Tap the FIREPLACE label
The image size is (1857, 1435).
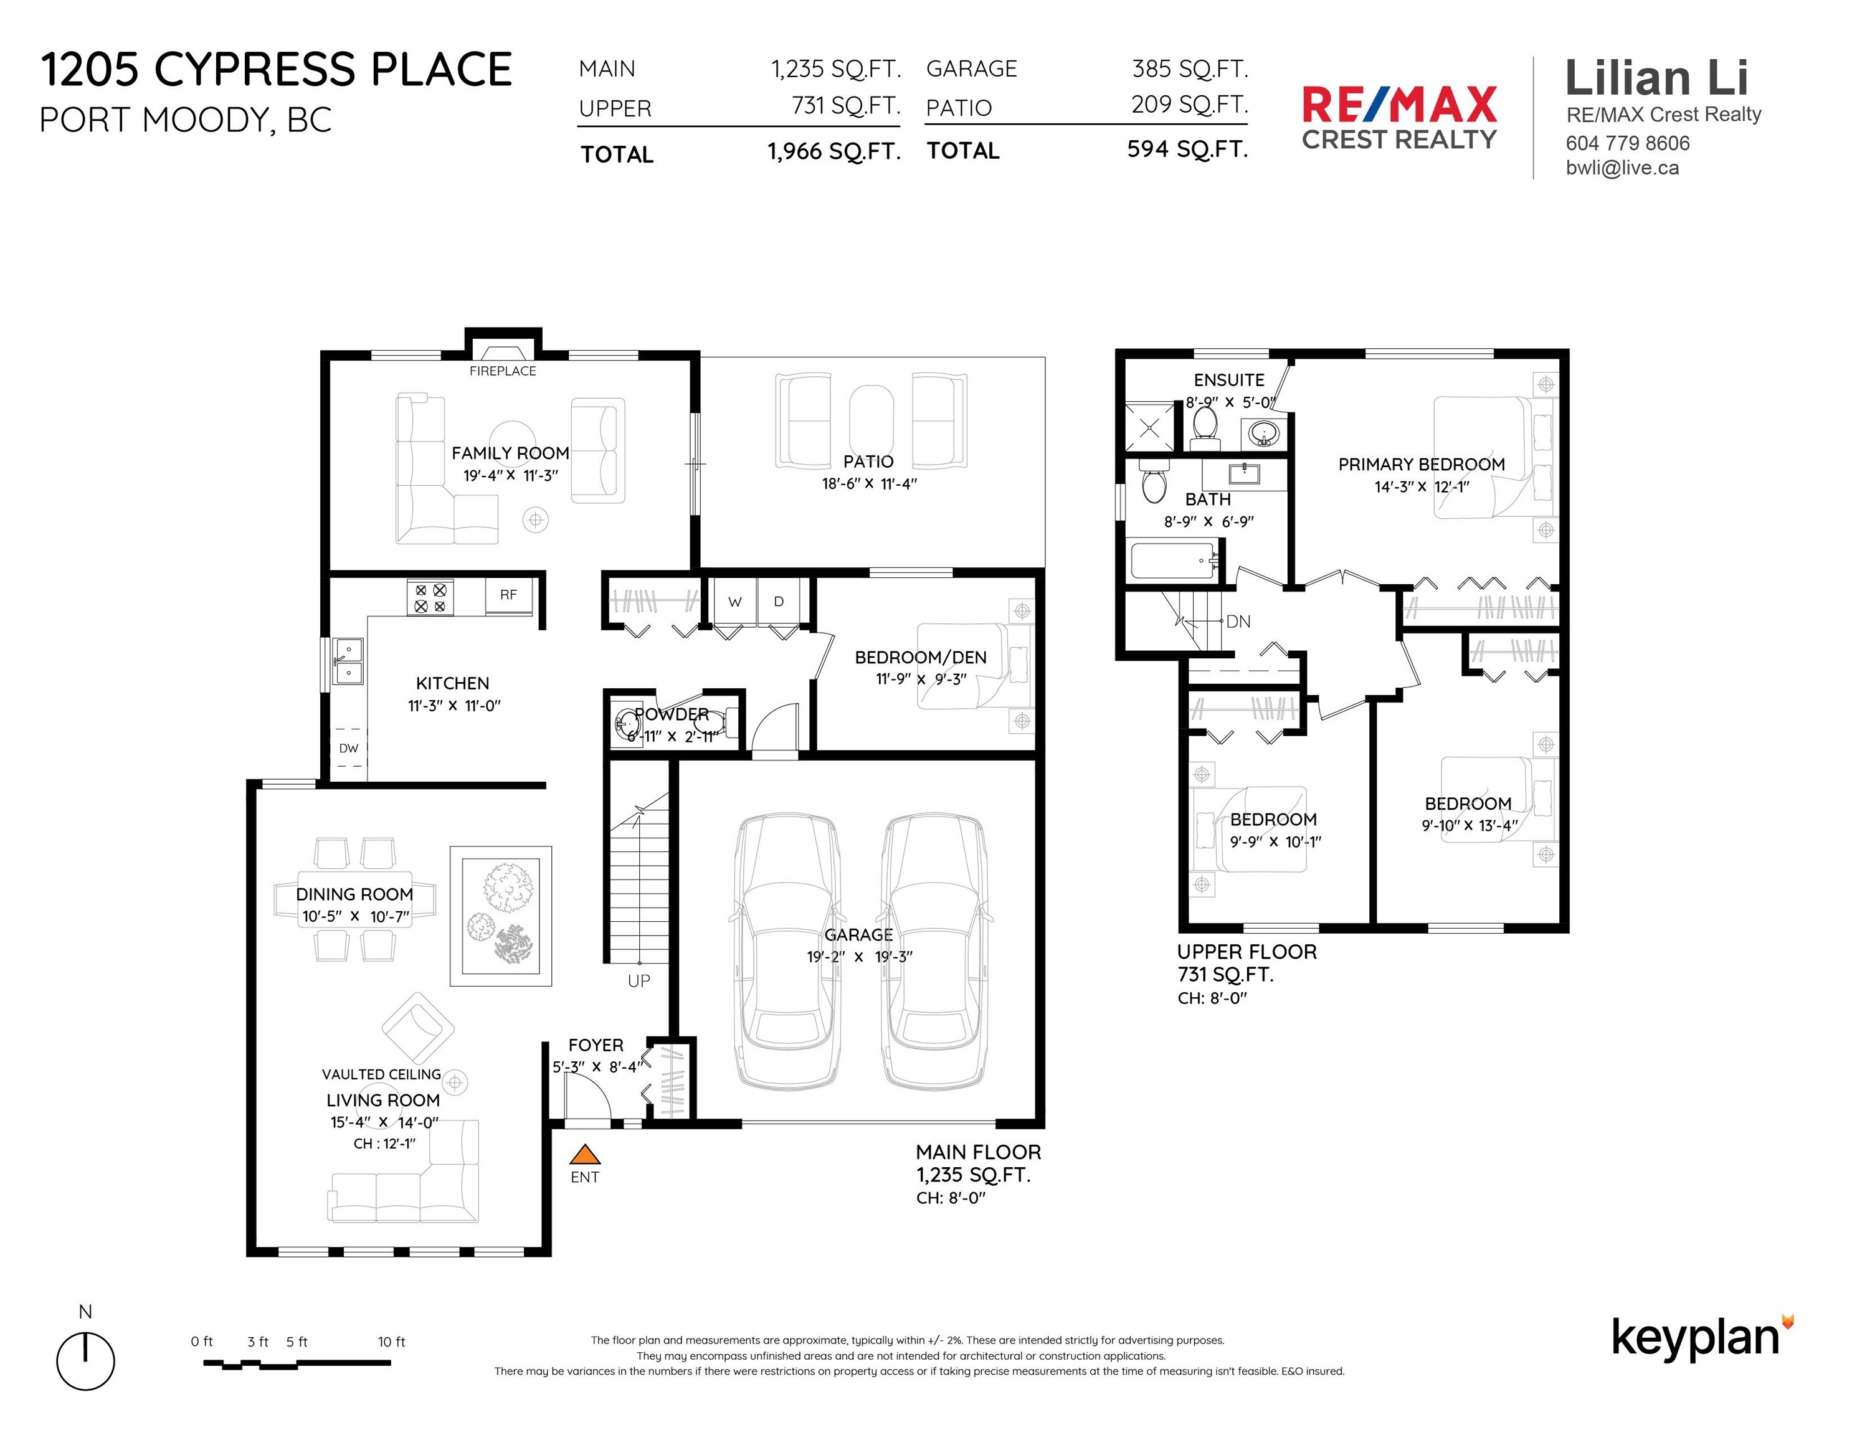(503, 371)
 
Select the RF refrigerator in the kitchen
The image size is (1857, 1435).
(508, 595)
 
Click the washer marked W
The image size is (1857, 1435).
(734, 602)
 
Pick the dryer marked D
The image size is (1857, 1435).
(779, 602)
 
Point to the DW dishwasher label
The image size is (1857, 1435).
(349, 748)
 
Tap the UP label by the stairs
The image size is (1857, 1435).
(639, 981)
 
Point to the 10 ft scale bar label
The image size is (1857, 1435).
(391, 1342)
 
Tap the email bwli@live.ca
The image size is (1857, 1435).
(1622, 168)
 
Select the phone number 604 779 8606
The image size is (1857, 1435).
(1627, 143)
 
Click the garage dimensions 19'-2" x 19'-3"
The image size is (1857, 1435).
(860, 957)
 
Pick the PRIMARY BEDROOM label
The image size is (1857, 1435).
(1422, 464)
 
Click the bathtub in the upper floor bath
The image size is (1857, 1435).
(1174, 561)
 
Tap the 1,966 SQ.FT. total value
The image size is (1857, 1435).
(834, 151)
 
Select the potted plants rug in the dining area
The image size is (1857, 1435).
(501, 916)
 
